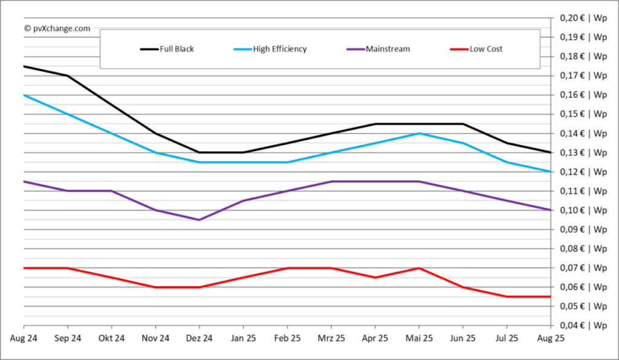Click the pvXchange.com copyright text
pyautogui.click(x=57, y=28)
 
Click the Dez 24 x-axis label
pyautogui.click(x=199, y=339)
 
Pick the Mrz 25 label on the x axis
pyautogui.click(x=331, y=339)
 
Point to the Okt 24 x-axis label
pyautogui.click(x=111, y=339)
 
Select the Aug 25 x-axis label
pyautogui.click(x=551, y=339)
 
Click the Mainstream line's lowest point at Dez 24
pyautogui.click(x=199, y=220)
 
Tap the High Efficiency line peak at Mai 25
pyautogui.click(x=420, y=133)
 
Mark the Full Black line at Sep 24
pyautogui.click(x=67, y=76)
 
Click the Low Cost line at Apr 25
pyautogui.click(x=375, y=277)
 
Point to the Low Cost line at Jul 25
pyautogui.click(x=507, y=297)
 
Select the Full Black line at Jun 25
pyautogui.click(x=463, y=124)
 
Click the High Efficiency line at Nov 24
pyautogui.click(x=155, y=152)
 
